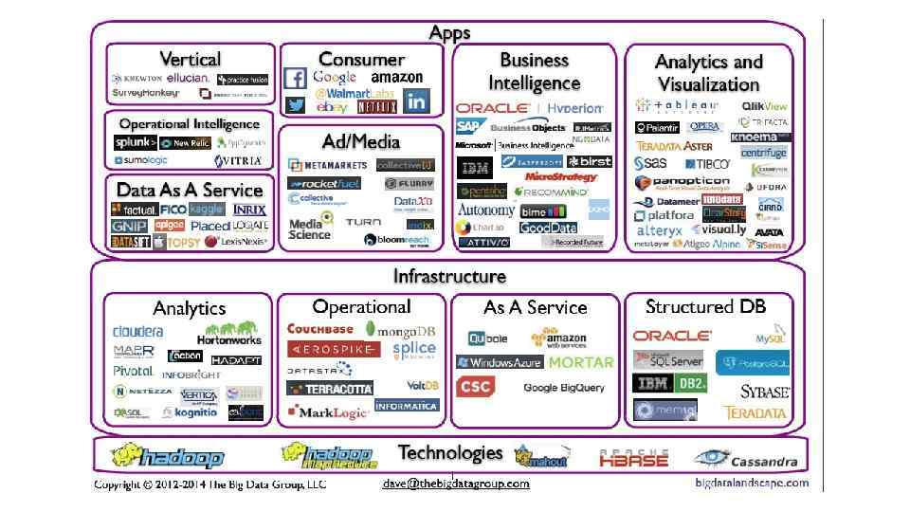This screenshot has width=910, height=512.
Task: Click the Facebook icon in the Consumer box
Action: pos(295,79)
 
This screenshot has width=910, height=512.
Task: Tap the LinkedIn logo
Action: pos(415,100)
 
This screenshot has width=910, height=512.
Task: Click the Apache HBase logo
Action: pos(633,459)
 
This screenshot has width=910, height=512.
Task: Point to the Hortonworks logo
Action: pos(228,333)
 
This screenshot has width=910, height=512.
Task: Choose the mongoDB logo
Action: pos(407,330)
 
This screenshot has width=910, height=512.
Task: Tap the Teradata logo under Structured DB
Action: pos(755,412)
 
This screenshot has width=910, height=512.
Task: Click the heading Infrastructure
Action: pos(449,276)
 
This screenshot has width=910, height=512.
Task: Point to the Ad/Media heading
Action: pos(360,140)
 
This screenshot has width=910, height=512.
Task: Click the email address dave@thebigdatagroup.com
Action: pos(456,484)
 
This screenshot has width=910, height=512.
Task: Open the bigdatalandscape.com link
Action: pos(751,483)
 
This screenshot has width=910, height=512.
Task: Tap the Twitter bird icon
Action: pos(296,104)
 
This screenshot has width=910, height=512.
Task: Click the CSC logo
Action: pos(474,387)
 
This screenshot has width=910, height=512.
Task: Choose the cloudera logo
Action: pos(138,332)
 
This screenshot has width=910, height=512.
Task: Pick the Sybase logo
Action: pos(764,391)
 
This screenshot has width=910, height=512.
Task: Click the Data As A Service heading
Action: pos(190,190)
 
